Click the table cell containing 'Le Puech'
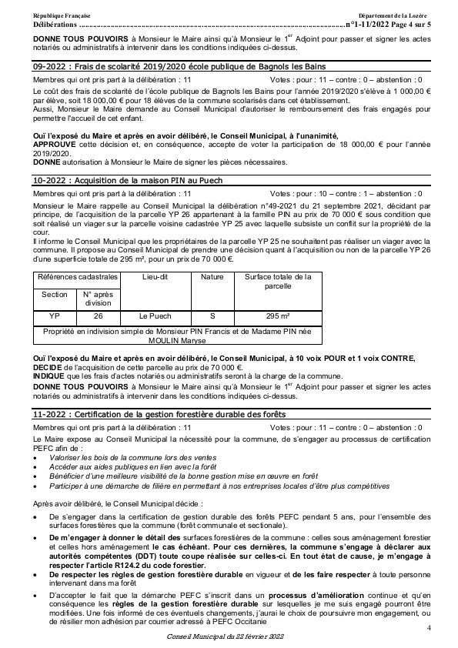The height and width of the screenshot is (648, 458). click(x=154, y=316)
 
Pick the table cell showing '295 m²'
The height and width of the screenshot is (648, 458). click(x=278, y=316)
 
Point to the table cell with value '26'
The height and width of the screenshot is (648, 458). click(x=98, y=316)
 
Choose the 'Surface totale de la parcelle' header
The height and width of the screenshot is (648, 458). click(x=278, y=281)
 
